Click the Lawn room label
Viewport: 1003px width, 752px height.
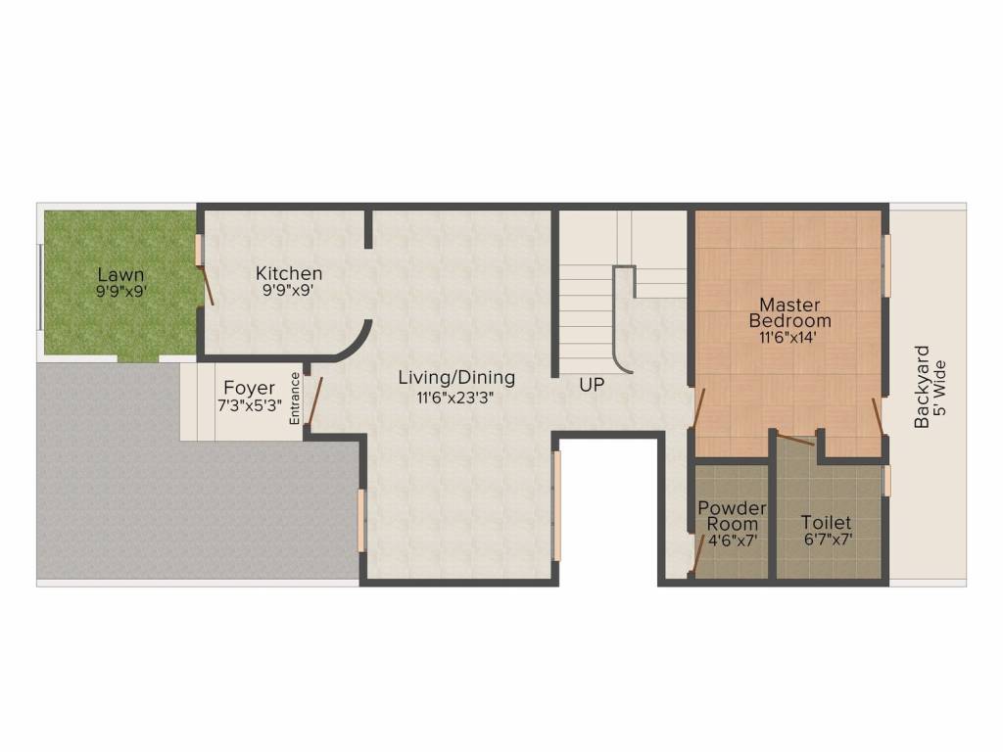pos(121,275)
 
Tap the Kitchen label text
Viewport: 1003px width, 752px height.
pos(289,273)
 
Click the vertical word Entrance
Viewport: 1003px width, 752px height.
pos(294,398)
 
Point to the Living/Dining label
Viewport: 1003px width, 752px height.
pos(456,378)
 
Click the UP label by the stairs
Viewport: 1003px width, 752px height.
pos(592,386)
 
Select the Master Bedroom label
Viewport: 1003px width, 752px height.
pos(790,312)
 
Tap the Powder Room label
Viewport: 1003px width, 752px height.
pos(732,516)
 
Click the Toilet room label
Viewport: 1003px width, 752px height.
pos(826,523)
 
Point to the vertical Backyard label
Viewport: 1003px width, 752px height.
pos(922,387)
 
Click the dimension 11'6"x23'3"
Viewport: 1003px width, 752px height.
pos(456,397)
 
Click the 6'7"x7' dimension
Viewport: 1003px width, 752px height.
pos(826,540)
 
